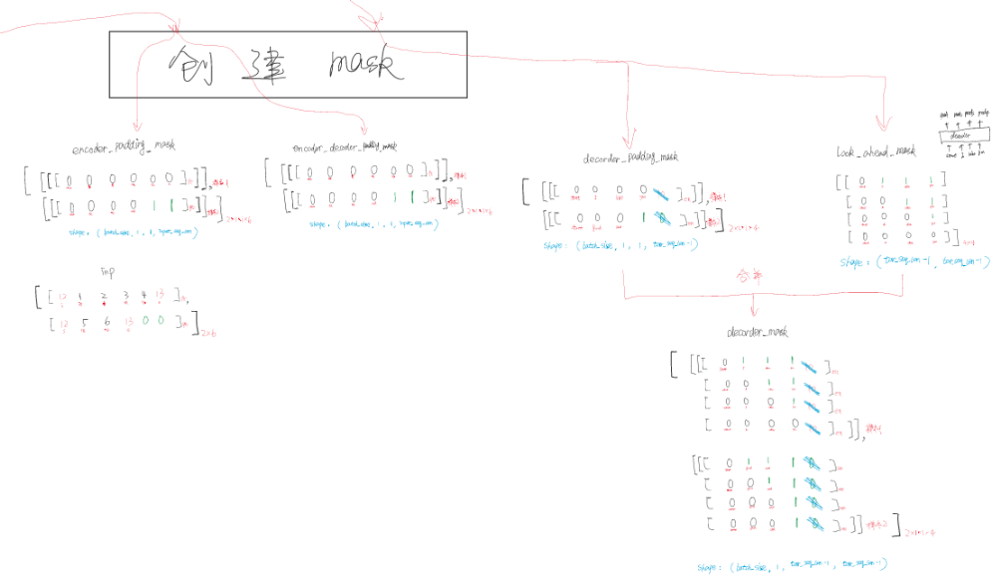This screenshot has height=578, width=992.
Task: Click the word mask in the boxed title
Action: pyautogui.click(x=367, y=66)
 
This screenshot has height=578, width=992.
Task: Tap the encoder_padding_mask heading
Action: pyautogui.click(x=125, y=145)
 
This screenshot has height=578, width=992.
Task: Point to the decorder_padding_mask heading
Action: pyautogui.click(x=631, y=157)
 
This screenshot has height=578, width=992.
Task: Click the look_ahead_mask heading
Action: pyautogui.click(x=876, y=151)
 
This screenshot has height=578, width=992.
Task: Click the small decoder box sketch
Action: pyautogui.click(x=960, y=136)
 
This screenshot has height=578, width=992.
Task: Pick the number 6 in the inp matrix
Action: pyautogui.click(x=106, y=322)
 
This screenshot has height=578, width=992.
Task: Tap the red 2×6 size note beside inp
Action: pyautogui.click(x=208, y=333)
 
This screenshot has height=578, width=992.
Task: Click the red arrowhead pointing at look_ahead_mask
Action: pyautogui.click(x=881, y=126)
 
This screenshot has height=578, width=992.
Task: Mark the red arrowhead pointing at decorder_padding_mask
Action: pyautogui.click(x=628, y=142)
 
